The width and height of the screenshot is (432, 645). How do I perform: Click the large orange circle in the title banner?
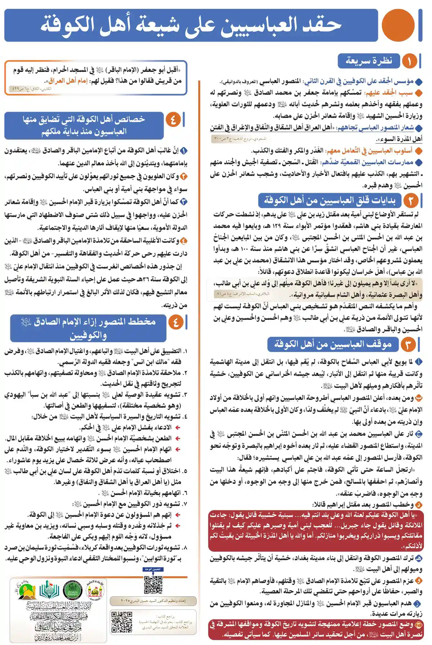click(x=398, y=25)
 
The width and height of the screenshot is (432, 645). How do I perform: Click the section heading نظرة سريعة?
click(x=369, y=61)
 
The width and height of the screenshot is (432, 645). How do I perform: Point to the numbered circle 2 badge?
click(x=410, y=201)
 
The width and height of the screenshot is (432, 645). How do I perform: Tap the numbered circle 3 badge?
click(x=408, y=344)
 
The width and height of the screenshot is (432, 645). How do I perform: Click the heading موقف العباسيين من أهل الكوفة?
click(x=333, y=344)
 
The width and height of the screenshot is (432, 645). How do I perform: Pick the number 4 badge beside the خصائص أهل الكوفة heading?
click(x=173, y=120)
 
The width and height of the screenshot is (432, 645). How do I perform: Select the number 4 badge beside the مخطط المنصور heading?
click(x=176, y=322)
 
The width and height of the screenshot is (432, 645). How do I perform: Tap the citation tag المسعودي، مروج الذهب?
click(x=240, y=139)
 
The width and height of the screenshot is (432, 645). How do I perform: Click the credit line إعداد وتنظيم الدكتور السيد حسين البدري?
click(x=153, y=601)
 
